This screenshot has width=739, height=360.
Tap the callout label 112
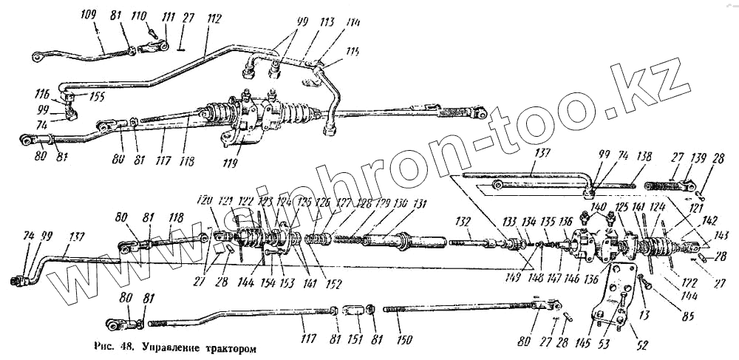pos(214,20)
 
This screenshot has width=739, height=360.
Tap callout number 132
pos(463,222)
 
